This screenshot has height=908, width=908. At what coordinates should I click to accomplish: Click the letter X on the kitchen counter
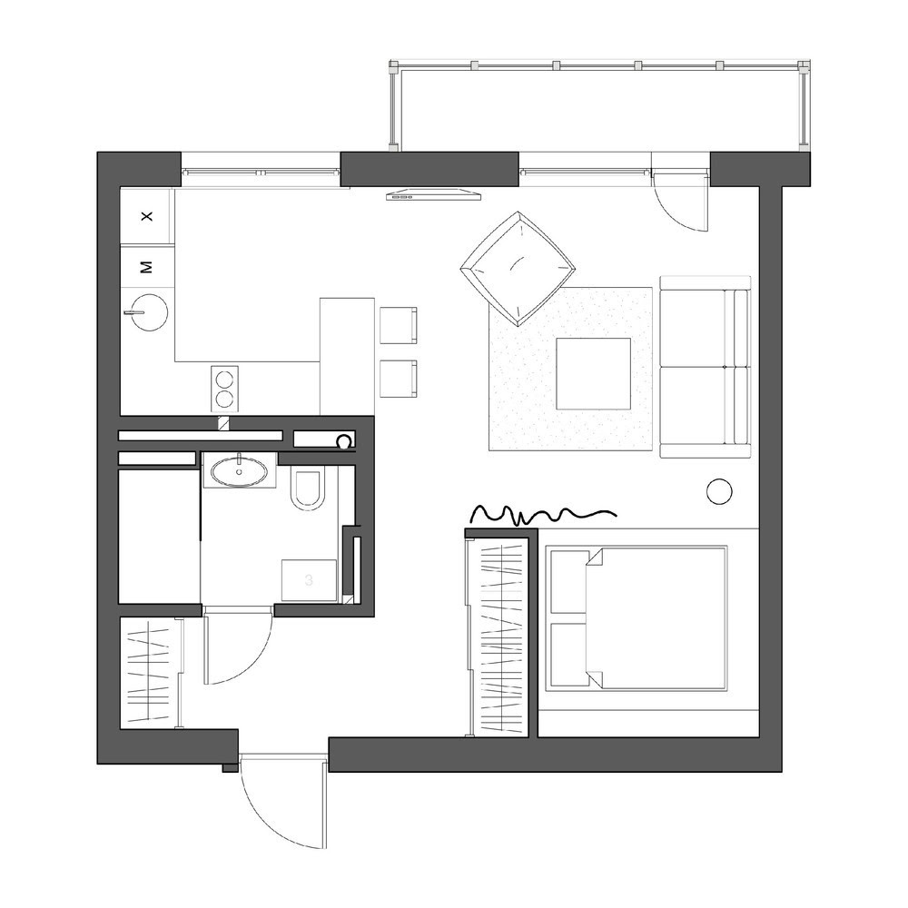click(x=147, y=217)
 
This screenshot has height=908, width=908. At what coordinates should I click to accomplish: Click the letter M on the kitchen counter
click(x=147, y=267)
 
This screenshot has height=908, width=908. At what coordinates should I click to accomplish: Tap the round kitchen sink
click(x=149, y=312)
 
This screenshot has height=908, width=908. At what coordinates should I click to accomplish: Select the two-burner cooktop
click(x=224, y=388)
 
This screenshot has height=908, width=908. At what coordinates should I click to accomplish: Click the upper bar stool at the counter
click(x=399, y=325)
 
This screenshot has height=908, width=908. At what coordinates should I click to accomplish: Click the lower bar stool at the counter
click(x=399, y=379)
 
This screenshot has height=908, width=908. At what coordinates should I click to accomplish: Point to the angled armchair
click(x=518, y=268)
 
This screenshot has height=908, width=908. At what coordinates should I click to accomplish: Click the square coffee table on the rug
click(x=594, y=373)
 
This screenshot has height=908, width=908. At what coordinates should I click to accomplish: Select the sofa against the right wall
click(x=706, y=367)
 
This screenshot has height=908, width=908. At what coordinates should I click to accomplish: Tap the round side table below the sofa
click(x=719, y=491)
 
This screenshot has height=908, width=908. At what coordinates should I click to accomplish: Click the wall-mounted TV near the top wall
click(x=434, y=194)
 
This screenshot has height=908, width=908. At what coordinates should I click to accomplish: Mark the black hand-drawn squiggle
click(x=543, y=514)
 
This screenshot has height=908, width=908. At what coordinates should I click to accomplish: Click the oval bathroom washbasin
click(x=240, y=471)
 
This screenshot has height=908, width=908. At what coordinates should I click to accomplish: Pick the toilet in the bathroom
click(x=308, y=490)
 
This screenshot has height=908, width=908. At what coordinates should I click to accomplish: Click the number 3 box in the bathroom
click(x=309, y=579)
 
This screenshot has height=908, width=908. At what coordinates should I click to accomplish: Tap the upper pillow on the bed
click(x=569, y=581)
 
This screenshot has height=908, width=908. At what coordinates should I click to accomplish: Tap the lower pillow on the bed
click(x=569, y=654)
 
